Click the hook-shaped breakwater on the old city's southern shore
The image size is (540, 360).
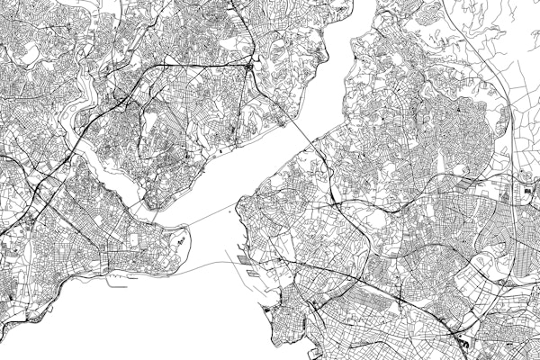point(115,282)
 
